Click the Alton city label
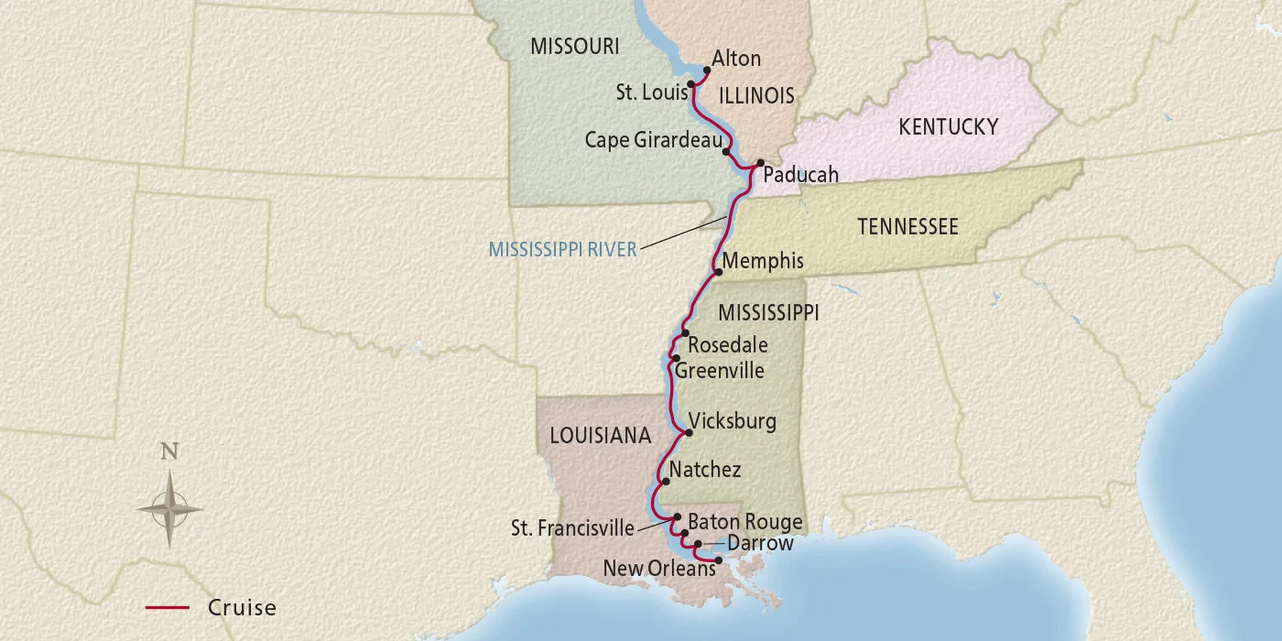pyautogui.click(x=736, y=59)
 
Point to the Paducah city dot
pyautogui.click(x=760, y=163)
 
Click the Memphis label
pyautogui.click(x=763, y=261)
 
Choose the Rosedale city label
pyautogui.click(x=727, y=345)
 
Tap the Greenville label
pyautogui.click(x=720, y=371)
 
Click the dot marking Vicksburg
pyautogui.click(x=689, y=433)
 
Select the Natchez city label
pyautogui.click(x=705, y=470)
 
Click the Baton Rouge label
pyautogui.click(x=744, y=522)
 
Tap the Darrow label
pyautogui.click(x=760, y=544)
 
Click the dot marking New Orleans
pyautogui.click(x=718, y=560)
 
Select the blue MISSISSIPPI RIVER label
pyautogui.click(x=562, y=249)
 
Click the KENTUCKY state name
pyautogui.click(x=948, y=126)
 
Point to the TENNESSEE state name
pyautogui.click(x=907, y=226)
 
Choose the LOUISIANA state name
pyautogui.click(x=600, y=436)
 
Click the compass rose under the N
pyautogui.click(x=169, y=508)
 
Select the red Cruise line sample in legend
pyautogui.click(x=167, y=607)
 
